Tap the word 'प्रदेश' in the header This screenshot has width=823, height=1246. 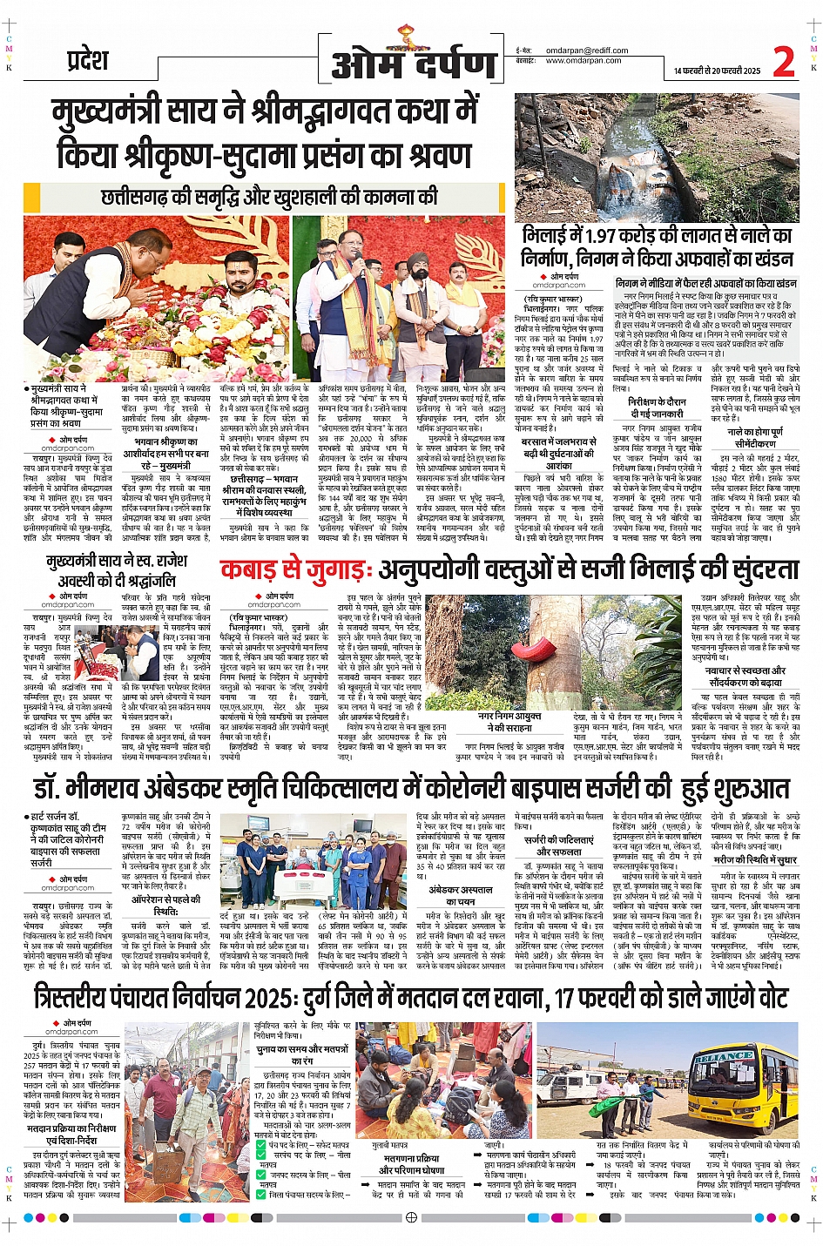point(87,61)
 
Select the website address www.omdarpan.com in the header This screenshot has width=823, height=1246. point(584,61)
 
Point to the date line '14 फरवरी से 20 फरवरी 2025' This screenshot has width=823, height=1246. point(717,71)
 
